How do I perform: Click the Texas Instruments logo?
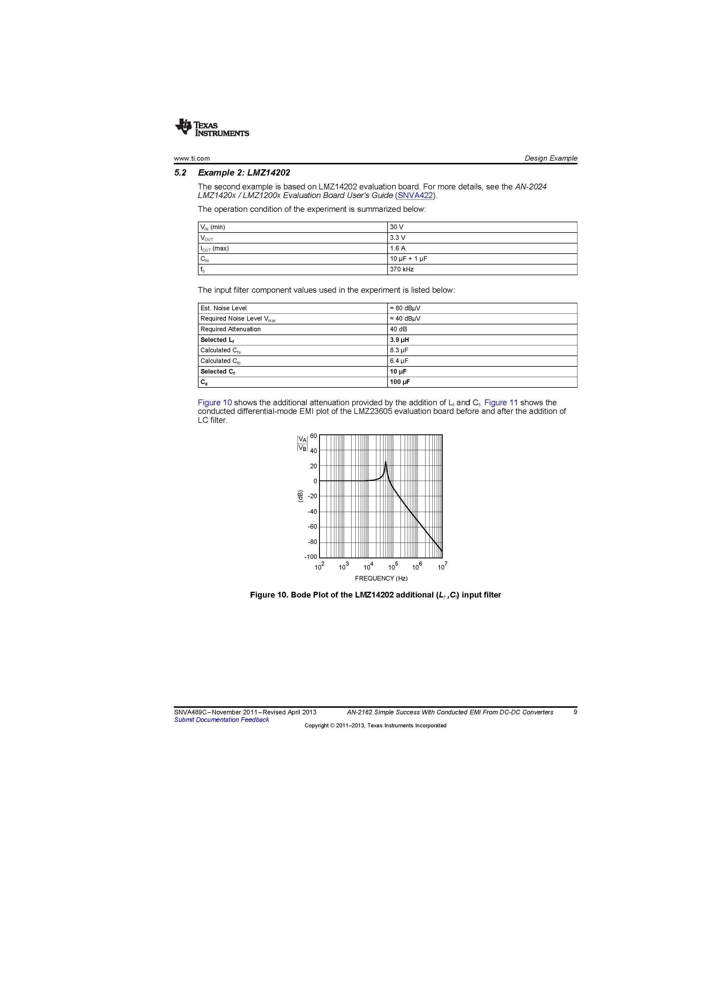pyautogui.click(x=212, y=127)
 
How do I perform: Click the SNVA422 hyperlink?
pyautogui.click(x=415, y=195)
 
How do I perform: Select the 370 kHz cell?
pyautogui.click(x=402, y=269)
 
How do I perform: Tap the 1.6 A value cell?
pyautogui.click(x=397, y=248)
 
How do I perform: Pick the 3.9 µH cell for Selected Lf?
pyautogui.click(x=399, y=340)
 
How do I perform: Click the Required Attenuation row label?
pyautogui.click(x=230, y=329)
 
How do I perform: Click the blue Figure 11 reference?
pyautogui.click(x=501, y=403)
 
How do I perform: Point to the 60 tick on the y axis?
pyautogui.click(x=313, y=436)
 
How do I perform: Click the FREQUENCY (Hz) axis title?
pyautogui.click(x=381, y=578)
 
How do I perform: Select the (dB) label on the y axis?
pyautogui.click(x=300, y=496)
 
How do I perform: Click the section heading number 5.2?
pyautogui.click(x=180, y=173)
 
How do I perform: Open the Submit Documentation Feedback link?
pyautogui.click(x=221, y=720)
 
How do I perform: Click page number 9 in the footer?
pyautogui.click(x=575, y=712)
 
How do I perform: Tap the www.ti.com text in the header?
pyautogui.click(x=192, y=158)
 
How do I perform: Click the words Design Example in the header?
pyautogui.click(x=551, y=158)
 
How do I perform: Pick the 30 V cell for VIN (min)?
pyautogui.click(x=396, y=227)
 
